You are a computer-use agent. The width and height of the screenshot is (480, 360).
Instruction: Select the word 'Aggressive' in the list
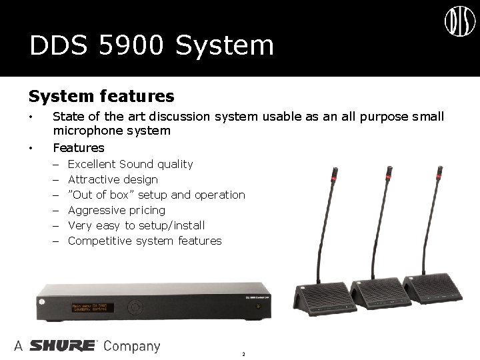[x=98, y=210]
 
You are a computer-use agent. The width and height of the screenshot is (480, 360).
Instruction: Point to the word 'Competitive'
[x=100, y=241]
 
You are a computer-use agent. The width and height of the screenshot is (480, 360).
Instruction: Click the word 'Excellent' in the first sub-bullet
[x=93, y=164]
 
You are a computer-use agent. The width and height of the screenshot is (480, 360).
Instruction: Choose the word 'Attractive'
[x=94, y=179]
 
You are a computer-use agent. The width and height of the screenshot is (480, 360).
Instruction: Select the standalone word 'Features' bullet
[x=79, y=147]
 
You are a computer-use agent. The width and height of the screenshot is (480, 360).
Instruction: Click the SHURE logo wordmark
[x=64, y=346]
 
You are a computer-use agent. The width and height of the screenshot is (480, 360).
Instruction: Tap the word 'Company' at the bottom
[x=132, y=347]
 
